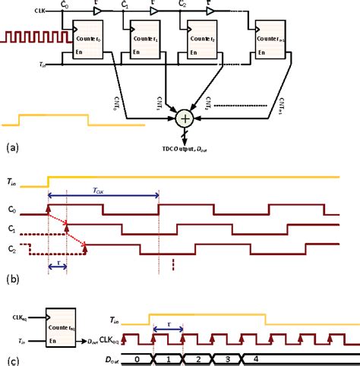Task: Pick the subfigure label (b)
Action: [11, 278]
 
